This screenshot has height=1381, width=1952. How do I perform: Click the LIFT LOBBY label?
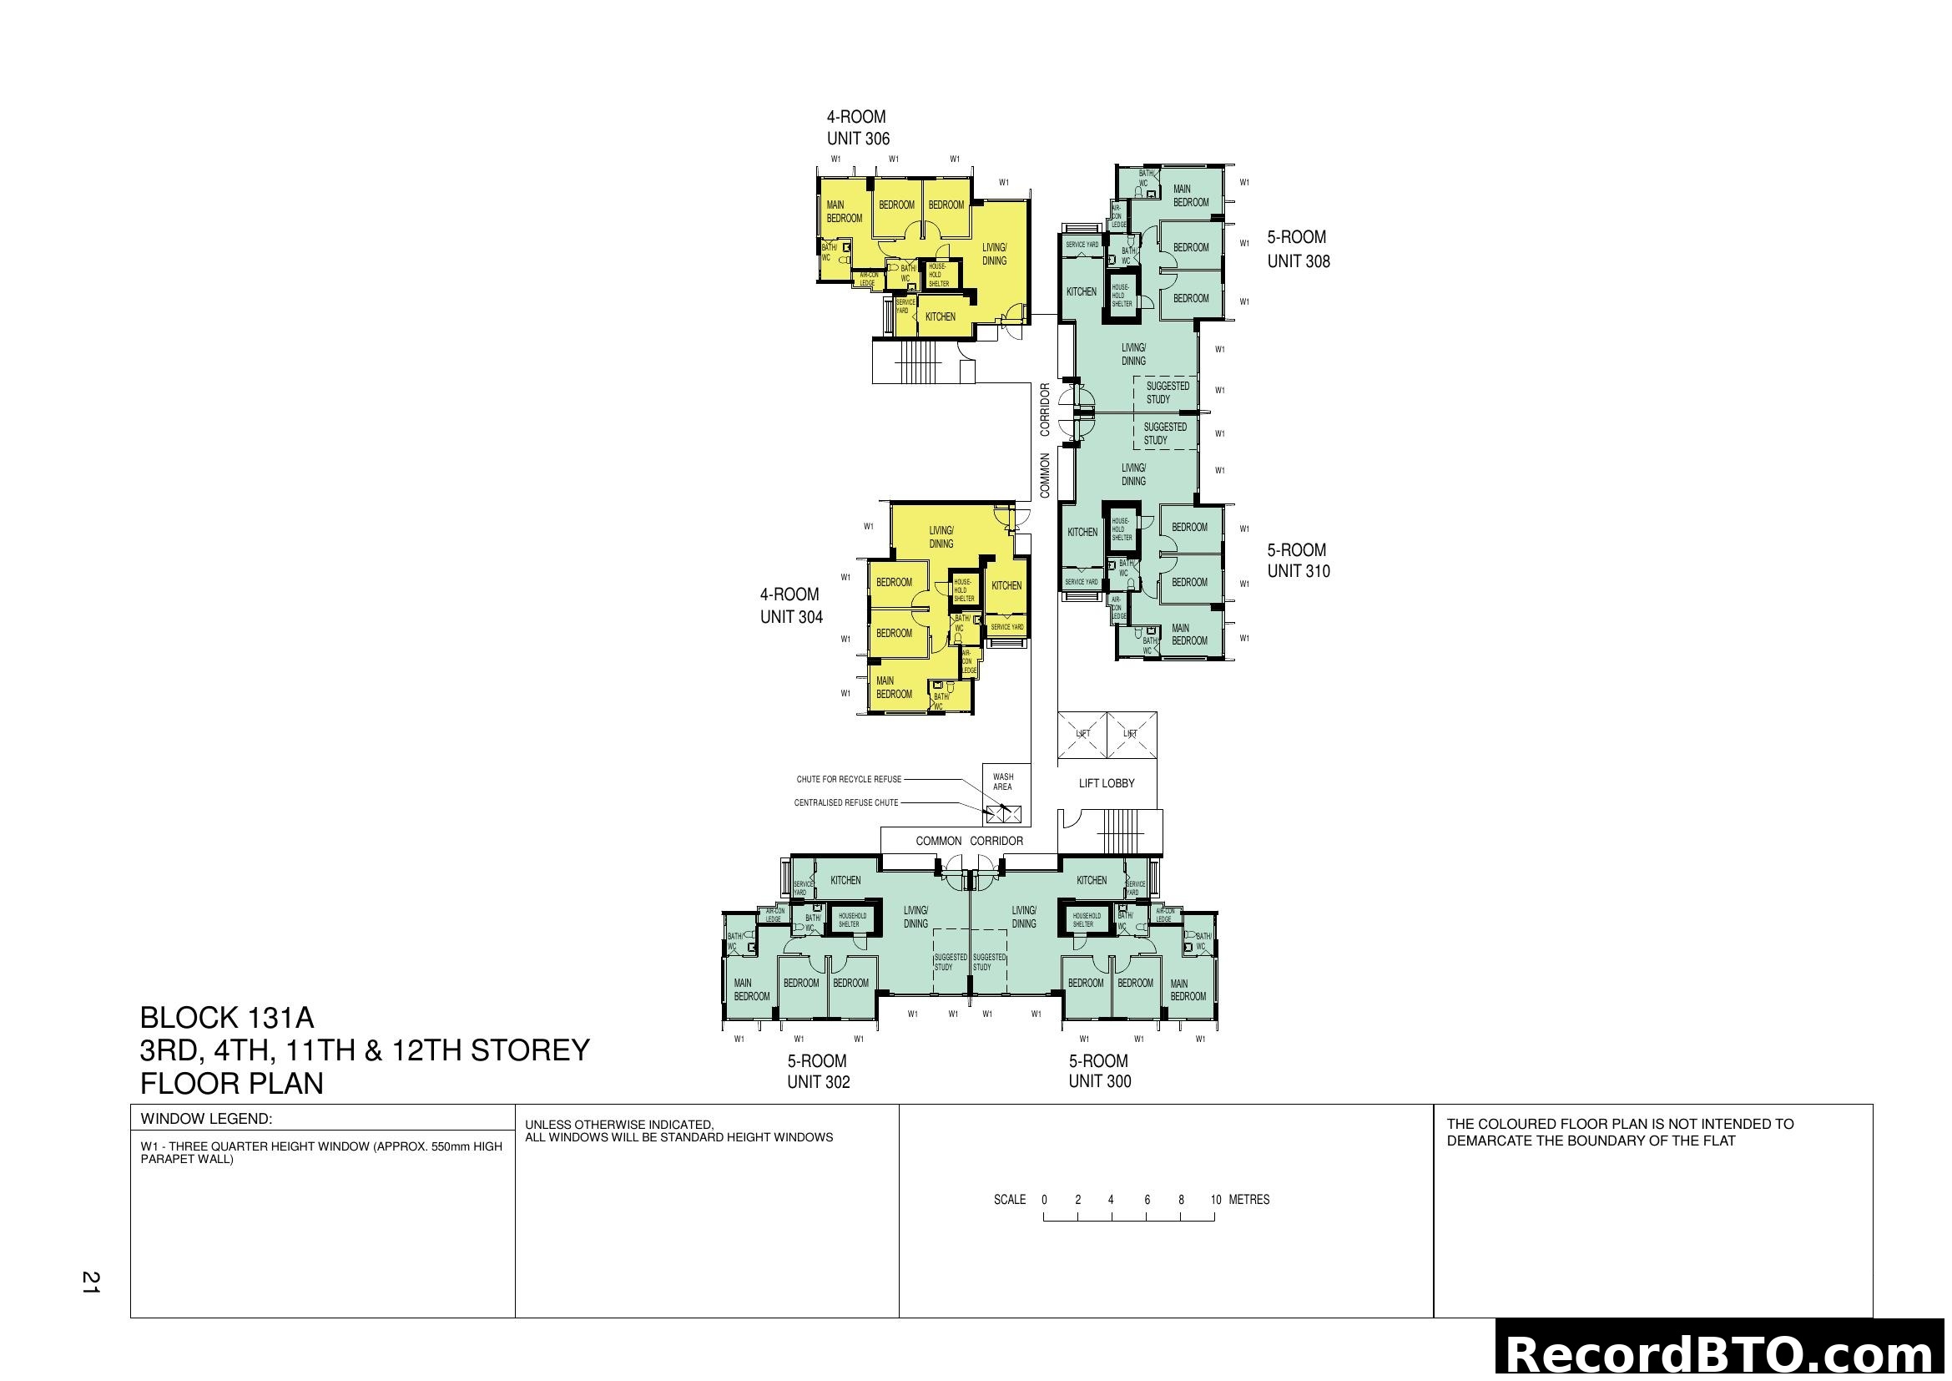tap(1106, 783)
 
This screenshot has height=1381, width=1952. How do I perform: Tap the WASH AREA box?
tap(1003, 782)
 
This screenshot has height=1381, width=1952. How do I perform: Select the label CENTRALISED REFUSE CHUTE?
tap(846, 802)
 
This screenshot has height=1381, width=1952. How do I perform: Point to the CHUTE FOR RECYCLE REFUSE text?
tap(849, 780)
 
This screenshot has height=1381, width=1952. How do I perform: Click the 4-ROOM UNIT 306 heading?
tap(857, 128)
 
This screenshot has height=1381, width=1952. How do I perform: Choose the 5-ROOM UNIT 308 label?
tap(1299, 249)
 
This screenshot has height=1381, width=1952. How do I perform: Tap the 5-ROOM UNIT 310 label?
tap(1299, 561)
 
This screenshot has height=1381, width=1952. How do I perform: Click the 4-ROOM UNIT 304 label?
tap(790, 605)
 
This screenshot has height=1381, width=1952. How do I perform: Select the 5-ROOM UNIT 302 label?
tap(818, 1071)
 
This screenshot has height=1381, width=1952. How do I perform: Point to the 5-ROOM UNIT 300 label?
tap(1099, 1071)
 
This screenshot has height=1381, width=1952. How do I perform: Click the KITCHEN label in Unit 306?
tap(941, 316)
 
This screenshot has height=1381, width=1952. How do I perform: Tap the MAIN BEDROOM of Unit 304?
tap(894, 687)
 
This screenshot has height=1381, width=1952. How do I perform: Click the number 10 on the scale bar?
tap(1216, 1200)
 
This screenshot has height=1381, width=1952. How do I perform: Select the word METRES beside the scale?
tap(1249, 1200)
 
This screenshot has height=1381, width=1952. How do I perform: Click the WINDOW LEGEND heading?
tap(206, 1119)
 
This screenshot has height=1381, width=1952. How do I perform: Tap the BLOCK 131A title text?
tap(227, 1018)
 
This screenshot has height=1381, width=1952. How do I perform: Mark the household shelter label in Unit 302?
tap(852, 920)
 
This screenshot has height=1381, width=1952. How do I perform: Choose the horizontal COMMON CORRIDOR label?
tap(969, 841)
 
